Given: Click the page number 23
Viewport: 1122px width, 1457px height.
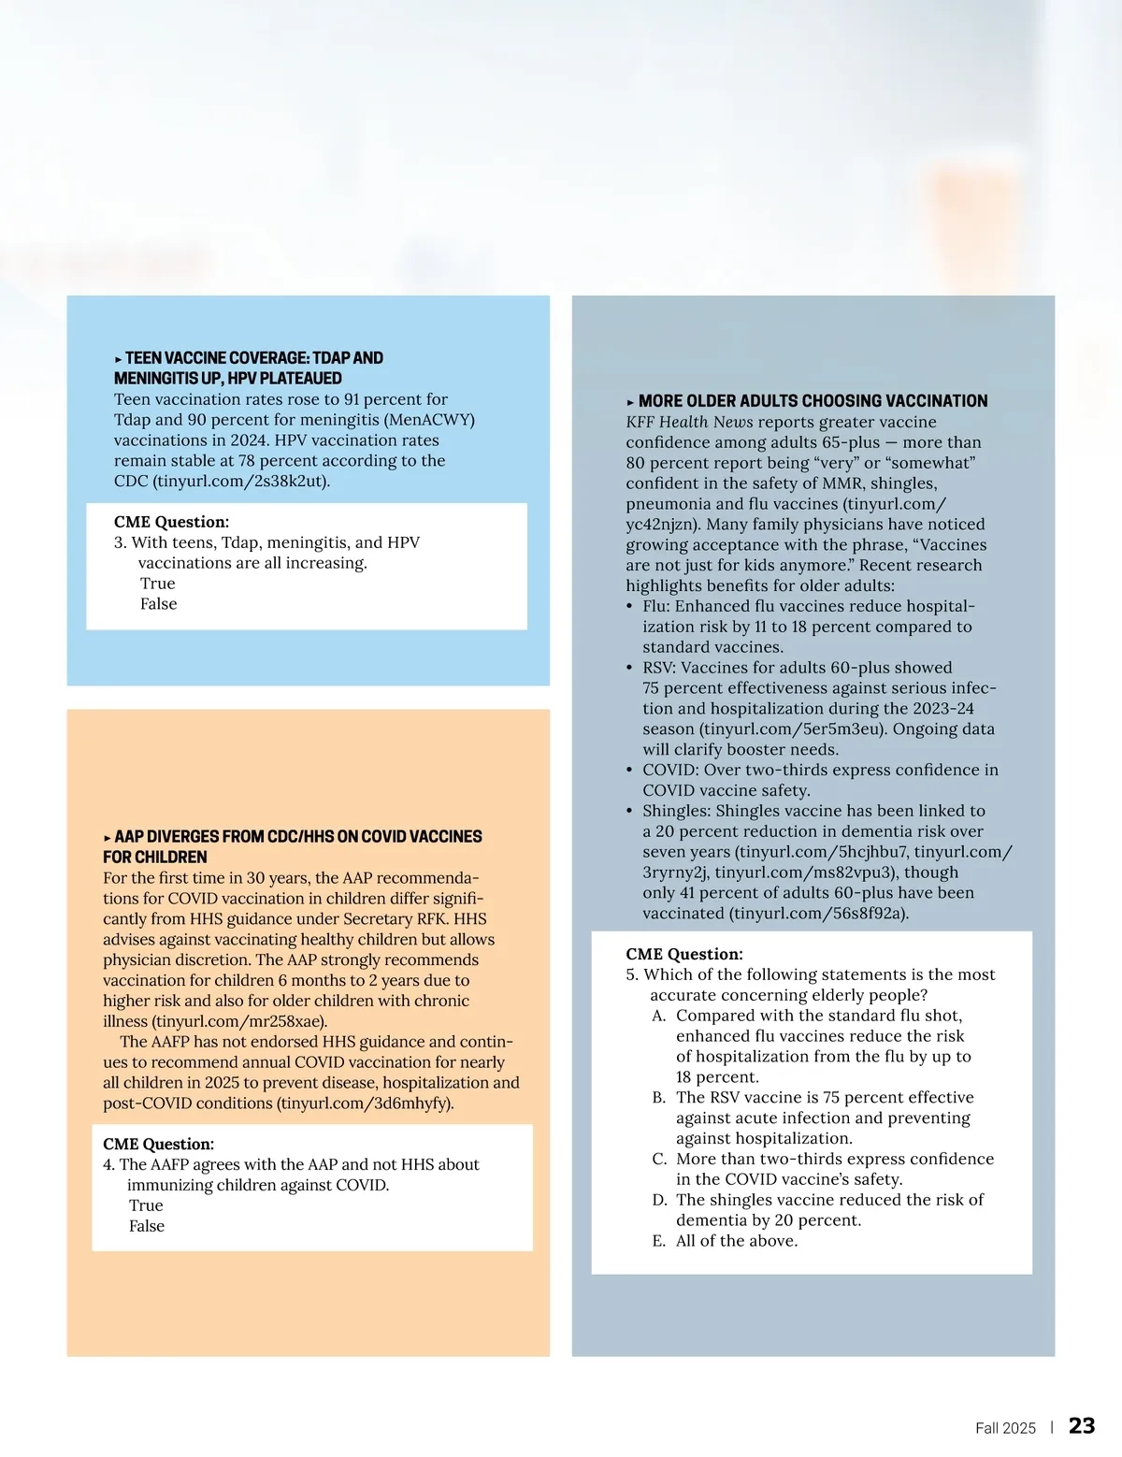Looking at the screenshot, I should coord(1082,1425).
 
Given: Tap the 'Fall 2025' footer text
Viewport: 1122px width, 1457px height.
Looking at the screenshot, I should coord(1005,1428).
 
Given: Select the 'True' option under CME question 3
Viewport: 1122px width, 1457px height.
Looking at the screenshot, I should coord(157,584).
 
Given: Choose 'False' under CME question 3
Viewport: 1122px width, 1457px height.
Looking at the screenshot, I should coord(158,604).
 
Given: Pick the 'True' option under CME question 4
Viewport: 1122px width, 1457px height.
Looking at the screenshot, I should coord(146,1205).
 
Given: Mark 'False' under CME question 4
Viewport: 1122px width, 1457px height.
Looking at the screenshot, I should coord(147,1226).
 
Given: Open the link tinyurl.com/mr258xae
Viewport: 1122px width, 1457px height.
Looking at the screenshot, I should coord(238,1021).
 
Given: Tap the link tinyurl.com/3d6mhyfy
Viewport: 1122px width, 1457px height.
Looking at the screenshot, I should coord(365,1104).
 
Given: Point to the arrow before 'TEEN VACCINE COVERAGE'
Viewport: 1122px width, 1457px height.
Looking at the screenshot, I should coord(119,359).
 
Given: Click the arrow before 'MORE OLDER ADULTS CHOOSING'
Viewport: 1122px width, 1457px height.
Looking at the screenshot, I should coord(631,402).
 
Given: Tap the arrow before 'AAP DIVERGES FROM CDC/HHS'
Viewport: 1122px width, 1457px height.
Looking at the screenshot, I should coord(108,838).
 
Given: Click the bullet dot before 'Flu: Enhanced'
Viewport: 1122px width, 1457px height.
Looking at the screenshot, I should coord(630,607).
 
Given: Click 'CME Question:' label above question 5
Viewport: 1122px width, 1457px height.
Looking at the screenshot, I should coord(684,954).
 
